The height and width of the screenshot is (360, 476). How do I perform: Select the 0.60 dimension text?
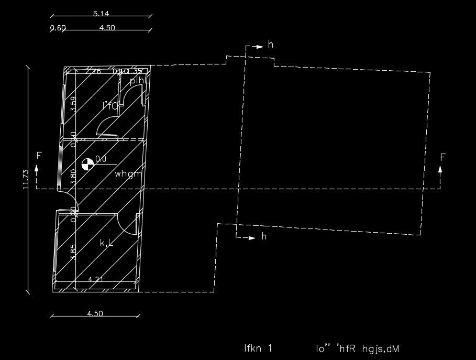(58, 28)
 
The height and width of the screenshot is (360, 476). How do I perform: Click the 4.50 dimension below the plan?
(95, 314)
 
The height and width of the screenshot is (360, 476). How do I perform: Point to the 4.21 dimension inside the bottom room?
(95, 279)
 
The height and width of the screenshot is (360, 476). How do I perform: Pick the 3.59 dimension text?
(73, 104)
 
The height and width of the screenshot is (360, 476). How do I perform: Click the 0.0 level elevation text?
(101, 159)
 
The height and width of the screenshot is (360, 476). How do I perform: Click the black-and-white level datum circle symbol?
(87, 163)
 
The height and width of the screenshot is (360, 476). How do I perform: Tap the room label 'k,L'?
(107, 243)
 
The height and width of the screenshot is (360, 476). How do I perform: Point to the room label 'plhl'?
(137, 81)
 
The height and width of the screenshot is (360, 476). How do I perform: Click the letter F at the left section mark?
(38, 156)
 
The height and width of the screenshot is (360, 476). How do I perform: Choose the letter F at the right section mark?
(442, 157)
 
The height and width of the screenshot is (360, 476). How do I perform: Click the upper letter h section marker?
(271, 45)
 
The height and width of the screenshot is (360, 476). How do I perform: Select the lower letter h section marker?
(264, 237)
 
